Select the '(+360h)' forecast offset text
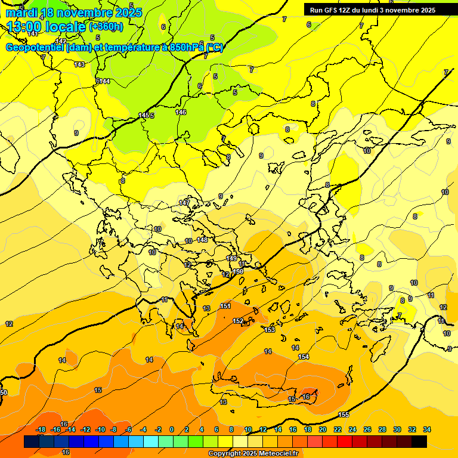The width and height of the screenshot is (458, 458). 106,26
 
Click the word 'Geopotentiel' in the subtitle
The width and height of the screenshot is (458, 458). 35,48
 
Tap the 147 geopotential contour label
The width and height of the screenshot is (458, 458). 184,203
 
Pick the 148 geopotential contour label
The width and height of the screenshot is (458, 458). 203,240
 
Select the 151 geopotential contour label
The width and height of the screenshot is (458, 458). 225,306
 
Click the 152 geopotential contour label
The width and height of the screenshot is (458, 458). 238,321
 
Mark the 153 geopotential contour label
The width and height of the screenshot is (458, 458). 270,330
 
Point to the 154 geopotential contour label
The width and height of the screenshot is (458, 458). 304,357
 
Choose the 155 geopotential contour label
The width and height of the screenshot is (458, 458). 343,414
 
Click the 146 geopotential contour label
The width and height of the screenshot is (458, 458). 181,112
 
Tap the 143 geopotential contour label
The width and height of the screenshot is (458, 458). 79,64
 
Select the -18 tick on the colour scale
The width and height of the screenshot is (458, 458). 41,430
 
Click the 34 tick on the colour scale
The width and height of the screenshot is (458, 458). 427,430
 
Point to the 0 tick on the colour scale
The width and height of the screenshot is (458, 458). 172,430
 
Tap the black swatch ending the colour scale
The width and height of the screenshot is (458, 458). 419,441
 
